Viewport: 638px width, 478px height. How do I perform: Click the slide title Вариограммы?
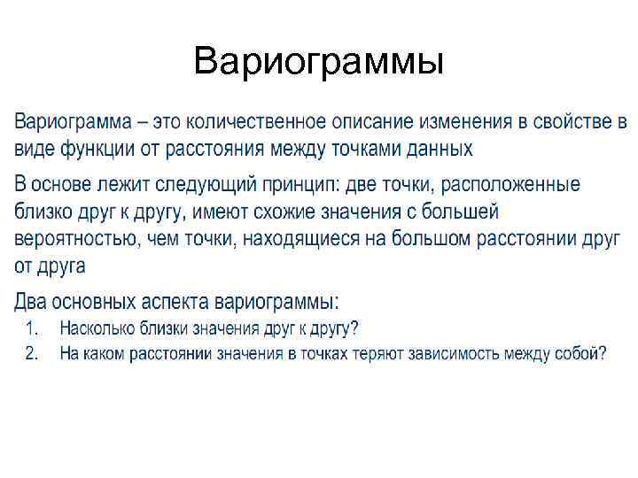click(318, 62)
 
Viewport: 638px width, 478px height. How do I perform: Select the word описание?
click(373, 120)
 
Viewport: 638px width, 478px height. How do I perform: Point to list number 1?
click(32, 328)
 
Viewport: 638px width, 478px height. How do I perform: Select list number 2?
click(32, 353)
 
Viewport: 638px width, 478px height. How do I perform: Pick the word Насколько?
click(97, 328)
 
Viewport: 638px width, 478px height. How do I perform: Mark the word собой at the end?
click(576, 353)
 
